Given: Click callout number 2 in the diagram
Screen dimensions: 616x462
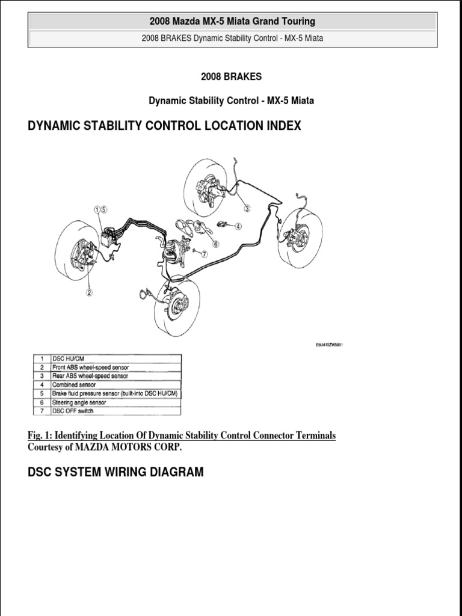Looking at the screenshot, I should pos(89,293).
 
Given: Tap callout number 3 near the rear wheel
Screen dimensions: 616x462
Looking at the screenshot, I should pos(247,208).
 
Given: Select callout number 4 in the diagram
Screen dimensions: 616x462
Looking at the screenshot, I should pos(238,227).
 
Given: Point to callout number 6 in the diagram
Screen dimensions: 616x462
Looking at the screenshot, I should pos(215,244).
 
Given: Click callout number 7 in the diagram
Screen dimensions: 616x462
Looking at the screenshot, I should pos(204,254).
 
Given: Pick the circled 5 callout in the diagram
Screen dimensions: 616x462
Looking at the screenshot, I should pos(103,210).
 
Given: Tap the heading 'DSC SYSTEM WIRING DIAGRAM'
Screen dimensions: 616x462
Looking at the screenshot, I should pos(115,472).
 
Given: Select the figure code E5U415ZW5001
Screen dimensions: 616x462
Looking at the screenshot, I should pos(329,345).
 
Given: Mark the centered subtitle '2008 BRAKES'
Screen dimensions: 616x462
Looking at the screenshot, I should pos(231,77).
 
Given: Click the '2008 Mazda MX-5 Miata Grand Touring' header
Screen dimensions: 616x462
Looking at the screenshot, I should pos(232,22).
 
